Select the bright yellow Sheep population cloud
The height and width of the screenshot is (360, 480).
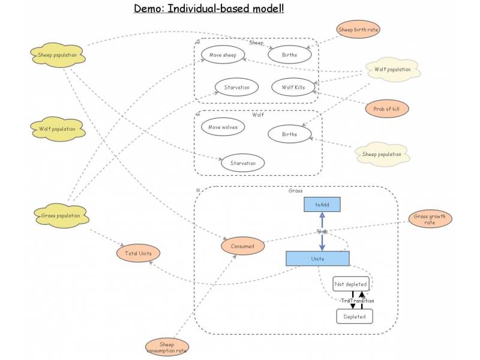pos(58,55)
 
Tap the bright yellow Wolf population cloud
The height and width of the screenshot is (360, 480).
pos(58,128)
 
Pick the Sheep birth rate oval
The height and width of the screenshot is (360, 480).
pos(358,29)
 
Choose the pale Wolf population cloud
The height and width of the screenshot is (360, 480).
pos(392,70)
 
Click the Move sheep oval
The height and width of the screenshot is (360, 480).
pos(223,55)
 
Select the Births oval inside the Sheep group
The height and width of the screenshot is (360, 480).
pos(290,55)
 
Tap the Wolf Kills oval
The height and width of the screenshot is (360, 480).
pos(293,87)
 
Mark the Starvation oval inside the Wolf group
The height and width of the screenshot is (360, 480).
pos(242,163)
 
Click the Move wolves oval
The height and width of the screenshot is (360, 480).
pos(223,127)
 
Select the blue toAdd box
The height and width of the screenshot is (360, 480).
pos(322,205)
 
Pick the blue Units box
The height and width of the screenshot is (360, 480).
pos(317,259)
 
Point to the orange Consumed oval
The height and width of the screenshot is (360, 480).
pos(243,245)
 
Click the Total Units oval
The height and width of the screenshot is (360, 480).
pos(139,253)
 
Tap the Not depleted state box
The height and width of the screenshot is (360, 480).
pos(351,284)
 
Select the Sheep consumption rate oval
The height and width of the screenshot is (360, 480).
pos(167,347)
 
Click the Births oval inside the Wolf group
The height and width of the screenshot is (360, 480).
pos(289,134)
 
